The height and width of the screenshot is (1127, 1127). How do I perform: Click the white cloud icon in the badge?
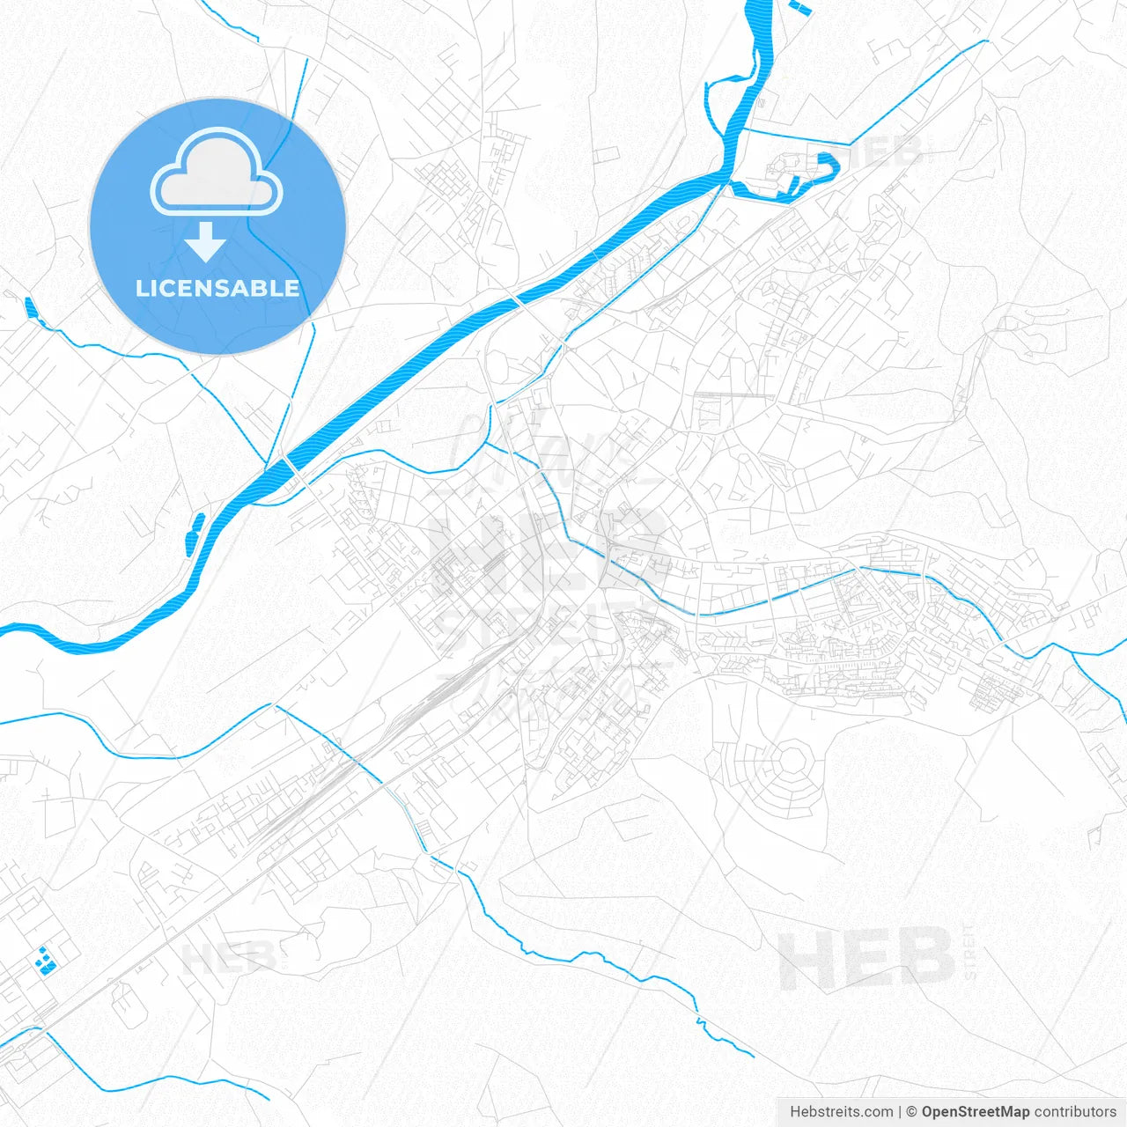pos(217,173)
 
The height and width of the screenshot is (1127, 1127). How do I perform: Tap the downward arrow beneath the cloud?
pos(206,242)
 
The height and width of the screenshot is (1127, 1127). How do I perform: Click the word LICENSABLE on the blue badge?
pos(217,288)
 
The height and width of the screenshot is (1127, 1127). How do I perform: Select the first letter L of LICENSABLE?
pos(141,288)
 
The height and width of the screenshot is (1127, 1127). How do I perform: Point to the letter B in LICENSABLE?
pos(263,288)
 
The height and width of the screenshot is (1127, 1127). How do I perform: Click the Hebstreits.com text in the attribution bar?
pos(841,1112)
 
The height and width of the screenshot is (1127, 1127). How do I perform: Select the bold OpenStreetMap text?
pos(975,1112)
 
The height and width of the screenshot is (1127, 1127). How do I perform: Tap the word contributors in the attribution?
pos(1075,1112)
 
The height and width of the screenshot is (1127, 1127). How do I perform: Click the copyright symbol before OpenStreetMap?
pos(912,1112)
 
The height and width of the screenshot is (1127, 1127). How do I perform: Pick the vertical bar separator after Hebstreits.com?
pos(900,1112)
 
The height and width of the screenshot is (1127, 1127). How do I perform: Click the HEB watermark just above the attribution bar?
pos(867,957)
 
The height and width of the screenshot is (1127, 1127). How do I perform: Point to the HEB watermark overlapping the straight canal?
pos(883,151)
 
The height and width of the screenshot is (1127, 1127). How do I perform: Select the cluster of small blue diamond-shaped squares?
pos(45,960)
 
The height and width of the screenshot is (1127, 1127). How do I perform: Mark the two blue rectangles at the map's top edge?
pos(802,9)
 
